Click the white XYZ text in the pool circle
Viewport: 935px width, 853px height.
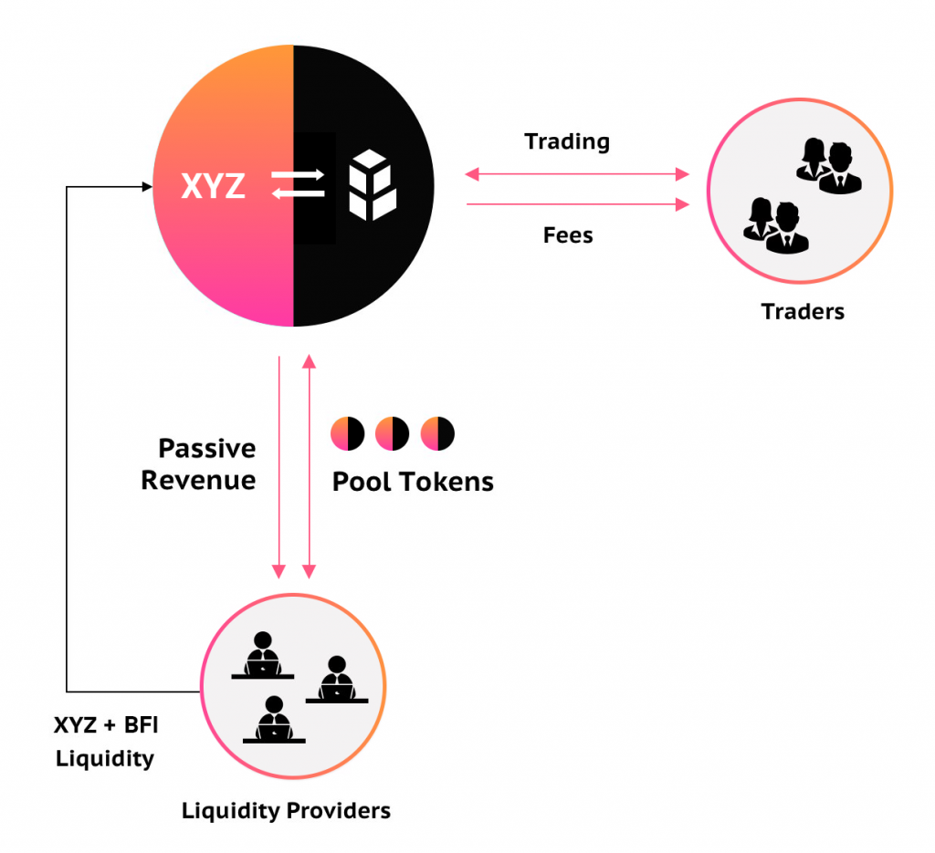213,186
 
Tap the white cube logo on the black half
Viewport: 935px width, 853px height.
373,185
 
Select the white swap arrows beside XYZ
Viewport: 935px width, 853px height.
299,184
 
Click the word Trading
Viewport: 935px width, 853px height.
567,142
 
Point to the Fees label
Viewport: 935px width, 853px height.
568,235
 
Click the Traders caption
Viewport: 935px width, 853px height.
803,311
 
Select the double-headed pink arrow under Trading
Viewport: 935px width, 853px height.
577,174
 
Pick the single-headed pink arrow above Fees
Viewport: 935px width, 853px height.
577,204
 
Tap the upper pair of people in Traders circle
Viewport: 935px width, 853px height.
829,166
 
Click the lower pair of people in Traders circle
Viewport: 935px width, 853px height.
776,226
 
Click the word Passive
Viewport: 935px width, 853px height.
207,449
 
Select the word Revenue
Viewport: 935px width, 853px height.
198,480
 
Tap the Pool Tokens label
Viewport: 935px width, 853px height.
413,482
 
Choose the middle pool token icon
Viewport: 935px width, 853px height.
392,433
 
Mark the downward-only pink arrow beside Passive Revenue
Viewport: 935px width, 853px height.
278,468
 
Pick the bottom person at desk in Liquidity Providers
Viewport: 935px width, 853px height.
274,720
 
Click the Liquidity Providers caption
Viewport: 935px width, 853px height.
286,811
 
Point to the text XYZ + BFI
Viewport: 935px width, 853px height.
106,725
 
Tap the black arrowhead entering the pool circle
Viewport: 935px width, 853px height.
147,187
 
